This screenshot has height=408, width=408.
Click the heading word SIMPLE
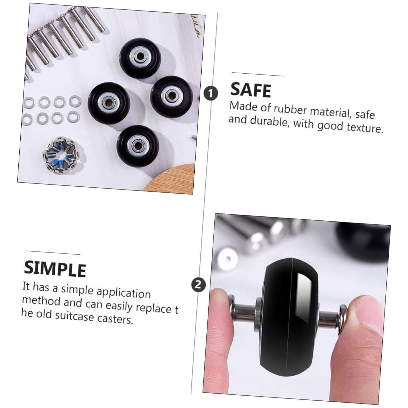[x=55, y=269]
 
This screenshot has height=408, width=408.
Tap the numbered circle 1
[x=211, y=93]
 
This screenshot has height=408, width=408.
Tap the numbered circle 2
[x=198, y=284]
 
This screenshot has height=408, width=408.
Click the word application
[x=123, y=292]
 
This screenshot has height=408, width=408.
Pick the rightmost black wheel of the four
[x=167, y=94]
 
